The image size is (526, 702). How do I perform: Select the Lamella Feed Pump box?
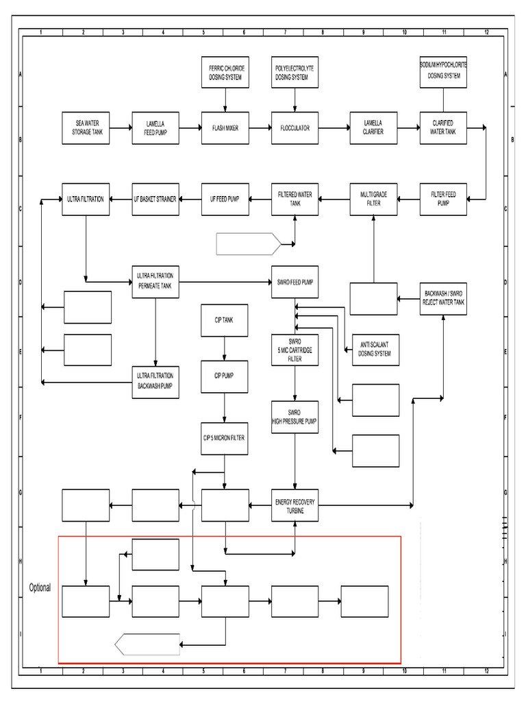click(x=155, y=128)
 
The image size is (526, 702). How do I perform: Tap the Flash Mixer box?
click(x=225, y=128)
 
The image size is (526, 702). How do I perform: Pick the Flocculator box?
click(x=295, y=128)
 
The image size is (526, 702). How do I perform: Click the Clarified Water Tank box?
click(x=443, y=128)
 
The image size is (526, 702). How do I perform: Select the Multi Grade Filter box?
click(x=373, y=199)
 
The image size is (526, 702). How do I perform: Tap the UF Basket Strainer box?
click(x=155, y=199)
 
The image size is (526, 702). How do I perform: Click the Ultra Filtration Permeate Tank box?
click(x=155, y=282)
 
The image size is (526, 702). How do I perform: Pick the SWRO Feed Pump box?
click(x=295, y=282)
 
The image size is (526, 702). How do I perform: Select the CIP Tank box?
click(x=225, y=320)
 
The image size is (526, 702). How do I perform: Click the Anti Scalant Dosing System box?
click(x=375, y=350)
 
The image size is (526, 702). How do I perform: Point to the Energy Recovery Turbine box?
click(x=295, y=506)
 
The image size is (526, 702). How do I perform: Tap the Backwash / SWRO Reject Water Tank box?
click(x=444, y=298)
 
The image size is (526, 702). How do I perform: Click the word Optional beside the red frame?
click(x=40, y=588)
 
